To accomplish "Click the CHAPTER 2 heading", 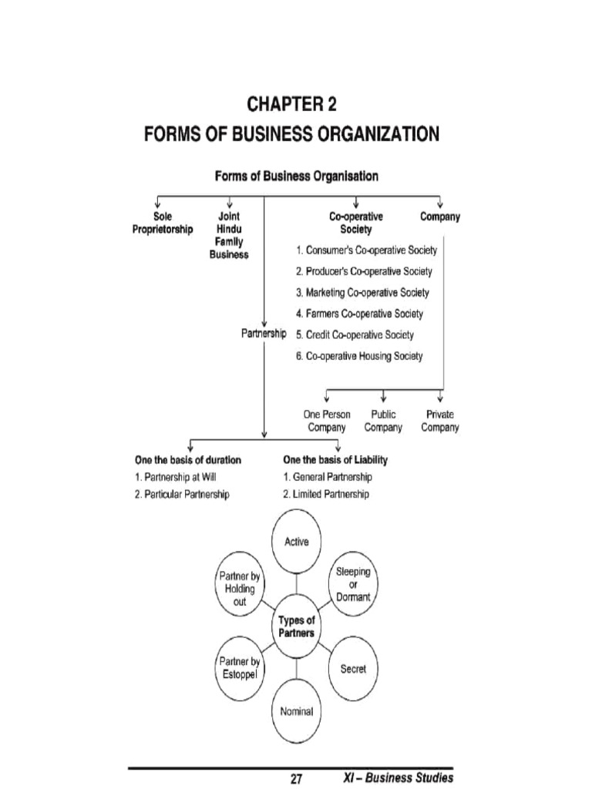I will point(292,104).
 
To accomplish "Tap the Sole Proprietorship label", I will point(163,223).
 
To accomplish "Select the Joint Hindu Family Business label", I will point(229,236).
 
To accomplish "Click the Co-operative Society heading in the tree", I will point(355,223).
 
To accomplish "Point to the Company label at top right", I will point(440,217).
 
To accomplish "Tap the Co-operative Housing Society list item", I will point(359,357).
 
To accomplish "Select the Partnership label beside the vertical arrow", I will point(264,334).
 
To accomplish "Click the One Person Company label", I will point(327,421).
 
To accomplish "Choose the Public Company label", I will point(383,421).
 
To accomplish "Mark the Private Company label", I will point(440,421).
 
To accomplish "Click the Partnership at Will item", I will point(170,477).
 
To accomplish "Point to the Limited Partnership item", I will point(326,494).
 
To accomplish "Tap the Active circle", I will point(296,542).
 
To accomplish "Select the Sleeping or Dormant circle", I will point(353,584).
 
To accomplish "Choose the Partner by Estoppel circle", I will point(239,668).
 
